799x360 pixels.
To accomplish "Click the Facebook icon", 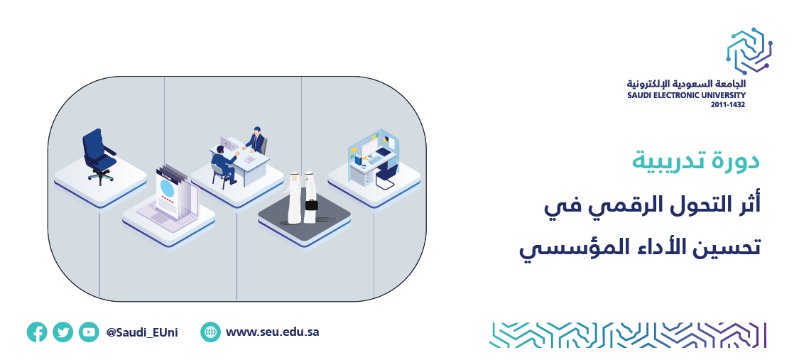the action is (37, 332).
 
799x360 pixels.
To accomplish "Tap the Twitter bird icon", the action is (62, 332).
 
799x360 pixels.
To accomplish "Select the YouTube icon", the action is (89, 332).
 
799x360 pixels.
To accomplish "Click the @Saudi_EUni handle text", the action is (142, 333).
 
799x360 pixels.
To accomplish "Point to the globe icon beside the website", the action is (210, 332).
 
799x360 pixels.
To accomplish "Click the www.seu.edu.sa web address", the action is (273, 332).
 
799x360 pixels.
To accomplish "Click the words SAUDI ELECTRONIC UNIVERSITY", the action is (687, 95).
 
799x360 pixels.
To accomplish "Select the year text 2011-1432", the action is (728, 105).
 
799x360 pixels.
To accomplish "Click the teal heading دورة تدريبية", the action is (696, 161).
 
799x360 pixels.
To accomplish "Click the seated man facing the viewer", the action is (255, 140).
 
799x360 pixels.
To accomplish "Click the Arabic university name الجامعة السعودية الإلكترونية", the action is (687, 84).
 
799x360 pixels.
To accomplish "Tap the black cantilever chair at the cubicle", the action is (387, 175).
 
